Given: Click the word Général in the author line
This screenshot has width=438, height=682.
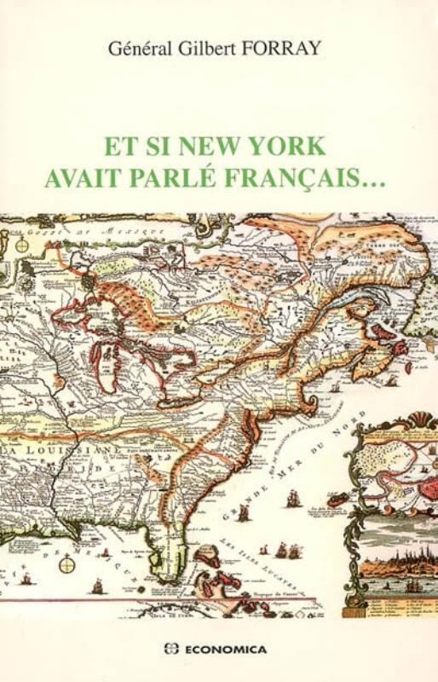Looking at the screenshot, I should point(139,49).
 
